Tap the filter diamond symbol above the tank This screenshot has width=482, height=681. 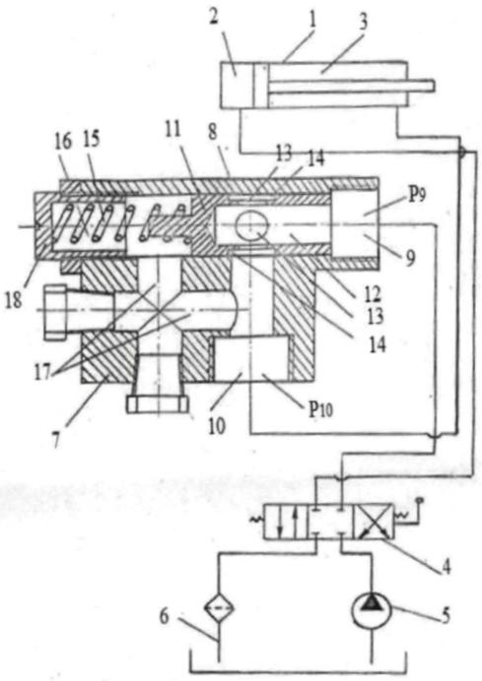(219, 608)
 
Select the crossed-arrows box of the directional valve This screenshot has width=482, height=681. (374, 522)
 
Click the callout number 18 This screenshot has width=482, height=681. (13, 299)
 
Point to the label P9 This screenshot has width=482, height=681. (416, 196)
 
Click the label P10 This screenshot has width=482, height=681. (320, 408)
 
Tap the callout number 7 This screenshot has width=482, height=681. (55, 441)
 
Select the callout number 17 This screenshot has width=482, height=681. (43, 372)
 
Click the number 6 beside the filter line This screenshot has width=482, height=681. (164, 617)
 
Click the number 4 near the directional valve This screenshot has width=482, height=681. (446, 567)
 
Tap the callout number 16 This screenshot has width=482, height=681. (63, 142)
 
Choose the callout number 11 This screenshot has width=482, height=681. (172, 130)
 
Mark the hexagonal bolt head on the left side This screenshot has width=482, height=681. (55, 311)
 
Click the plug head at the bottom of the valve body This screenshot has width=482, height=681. (158, 403)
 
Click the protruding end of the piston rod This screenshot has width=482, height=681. (430, 86)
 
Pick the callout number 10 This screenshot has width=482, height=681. (217, 426)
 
